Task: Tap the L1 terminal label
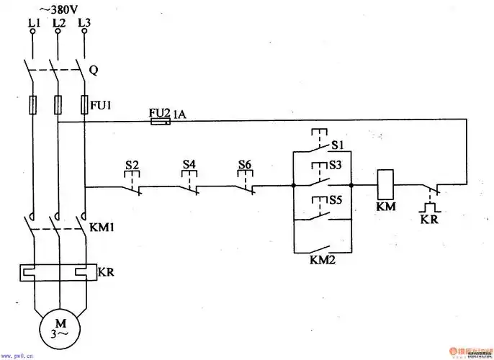click(33, 23)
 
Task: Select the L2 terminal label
click(59, 23)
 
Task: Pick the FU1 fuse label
click(99, 105)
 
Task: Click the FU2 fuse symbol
click(160, 122)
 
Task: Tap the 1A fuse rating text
click(179, 113)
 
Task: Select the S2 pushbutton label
click(132, 165)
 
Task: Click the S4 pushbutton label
click(189, 165)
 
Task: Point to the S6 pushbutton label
click(245, 165)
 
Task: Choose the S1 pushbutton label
click(336, 146)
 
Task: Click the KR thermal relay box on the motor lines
click(58, 272)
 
